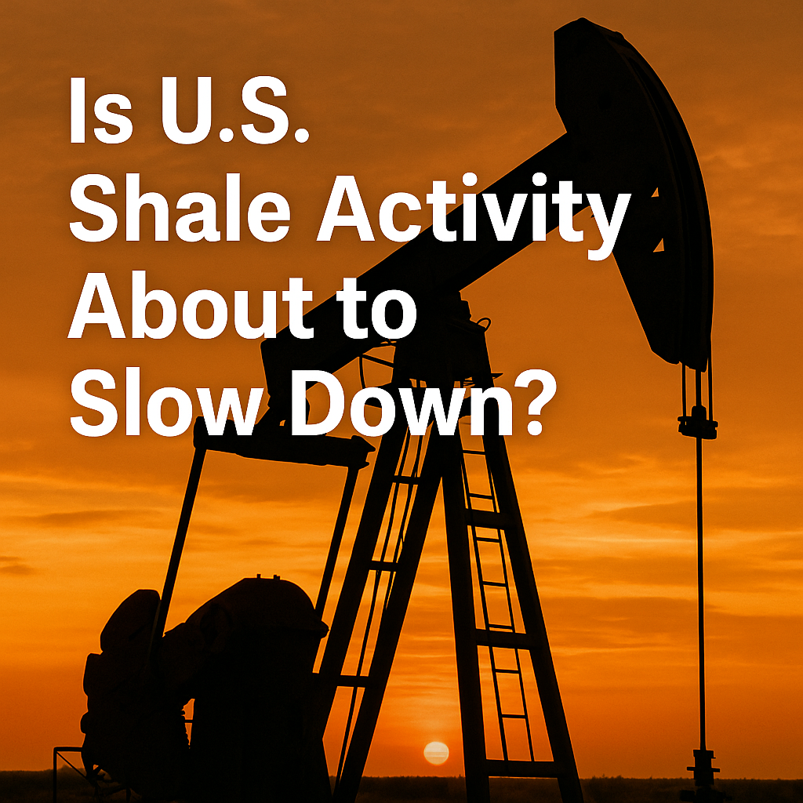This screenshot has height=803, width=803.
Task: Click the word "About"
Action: click(190, 307)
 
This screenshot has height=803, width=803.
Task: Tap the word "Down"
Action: click(401, 404)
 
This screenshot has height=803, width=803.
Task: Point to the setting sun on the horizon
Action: click(436, 753)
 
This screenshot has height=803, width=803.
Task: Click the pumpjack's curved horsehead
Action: click(640, 190)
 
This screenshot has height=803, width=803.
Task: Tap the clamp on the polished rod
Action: click(697, 423)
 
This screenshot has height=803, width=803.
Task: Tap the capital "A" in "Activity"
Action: click(346, 209)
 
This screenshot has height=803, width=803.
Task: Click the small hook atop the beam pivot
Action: click(483, 324)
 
